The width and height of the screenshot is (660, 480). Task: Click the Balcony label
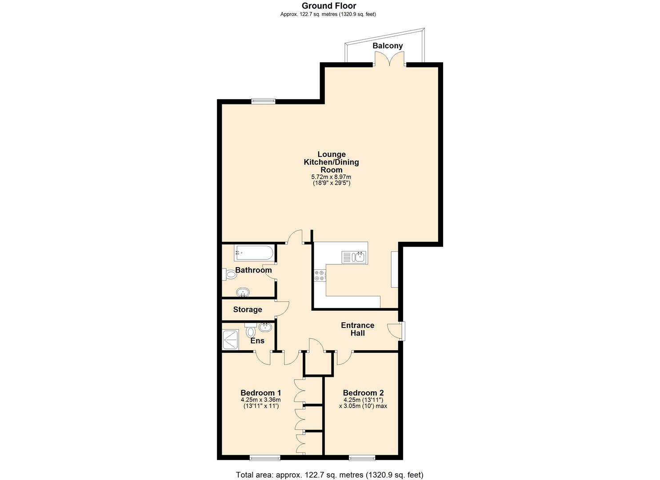pos(388,46)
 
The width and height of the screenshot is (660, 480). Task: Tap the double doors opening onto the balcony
pos(389,60)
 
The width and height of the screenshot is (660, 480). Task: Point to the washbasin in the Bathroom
pos(243,292)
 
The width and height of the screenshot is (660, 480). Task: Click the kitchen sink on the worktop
pos(354,257)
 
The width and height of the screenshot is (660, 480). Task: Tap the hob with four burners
pos(320,276)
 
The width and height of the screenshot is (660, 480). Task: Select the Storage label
pos(248,309)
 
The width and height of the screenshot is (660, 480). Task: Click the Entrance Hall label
pos(357,329)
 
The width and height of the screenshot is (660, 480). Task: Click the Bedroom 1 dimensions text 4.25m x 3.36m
pos(260,400)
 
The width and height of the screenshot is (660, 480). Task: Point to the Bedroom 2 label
pos(363,393)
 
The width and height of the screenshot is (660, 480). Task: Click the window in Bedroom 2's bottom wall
pos(361,457)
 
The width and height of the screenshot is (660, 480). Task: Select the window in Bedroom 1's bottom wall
pos(264,457)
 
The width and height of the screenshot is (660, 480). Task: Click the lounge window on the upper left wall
pos(263,101)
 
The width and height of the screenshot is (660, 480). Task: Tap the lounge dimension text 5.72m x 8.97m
pos(331,177)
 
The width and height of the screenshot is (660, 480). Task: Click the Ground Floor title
pos(329,6)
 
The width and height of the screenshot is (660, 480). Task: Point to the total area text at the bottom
pos(329,475)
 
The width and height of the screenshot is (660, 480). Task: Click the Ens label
pos(257,341)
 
